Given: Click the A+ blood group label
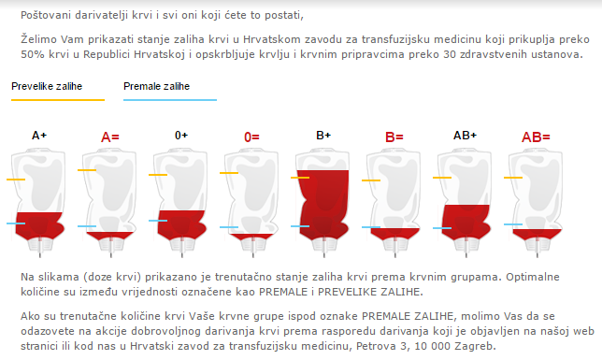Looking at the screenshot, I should coord(39,136).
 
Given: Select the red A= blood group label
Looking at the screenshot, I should coord(110,137).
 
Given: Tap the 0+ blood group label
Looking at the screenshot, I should coord(181,136).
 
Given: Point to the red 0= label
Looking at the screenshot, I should coord(251,137).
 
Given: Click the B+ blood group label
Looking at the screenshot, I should coord(323,136).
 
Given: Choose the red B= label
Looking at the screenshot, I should coord(394,137).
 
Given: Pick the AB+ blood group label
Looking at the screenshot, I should coord(465,136).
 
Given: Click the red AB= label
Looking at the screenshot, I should coord(536,137).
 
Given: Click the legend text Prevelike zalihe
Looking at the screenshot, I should coord(44,86).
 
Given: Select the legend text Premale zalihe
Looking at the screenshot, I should coord(156,86).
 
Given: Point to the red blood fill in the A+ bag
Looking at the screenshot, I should coord(40,225).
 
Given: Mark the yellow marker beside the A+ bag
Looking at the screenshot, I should coord(16,178).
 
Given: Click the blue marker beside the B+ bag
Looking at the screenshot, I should coord(300,226).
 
